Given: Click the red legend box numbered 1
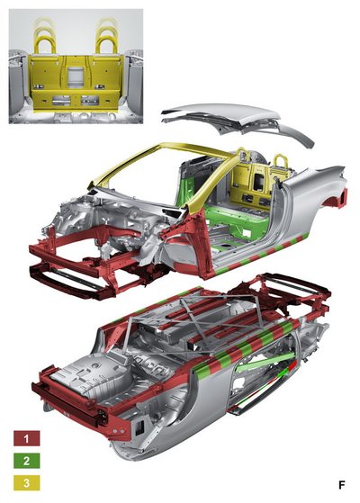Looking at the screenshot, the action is pyautogui.click(x=27, y=438).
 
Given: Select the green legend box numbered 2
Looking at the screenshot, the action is pyautogui.click(x=27, y=461).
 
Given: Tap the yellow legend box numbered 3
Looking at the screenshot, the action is pyautogui.click(x=27, y=483).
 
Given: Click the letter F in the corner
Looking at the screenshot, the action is pyautogui.click(x=342, y=485).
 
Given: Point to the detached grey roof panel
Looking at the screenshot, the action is pyautogui.click(x=238, y=119).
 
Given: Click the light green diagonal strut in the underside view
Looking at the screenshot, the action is pyautogui.click(x=265, y=362).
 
